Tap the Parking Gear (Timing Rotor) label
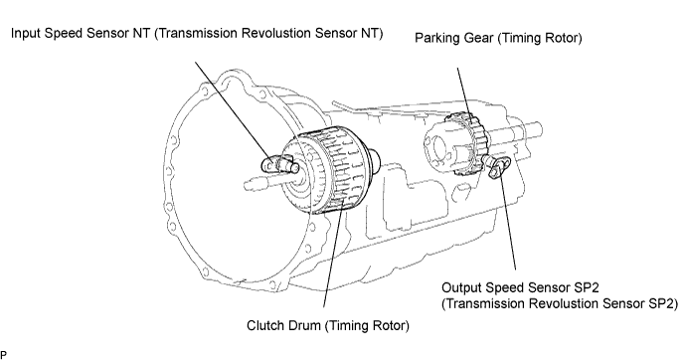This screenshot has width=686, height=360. (498, 38)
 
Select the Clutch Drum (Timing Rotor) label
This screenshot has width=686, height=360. (328, 325)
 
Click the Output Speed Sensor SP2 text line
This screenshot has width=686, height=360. (520, 287)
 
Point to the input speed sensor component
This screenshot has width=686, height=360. (280, 164)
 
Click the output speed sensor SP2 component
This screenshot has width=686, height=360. (498, 167)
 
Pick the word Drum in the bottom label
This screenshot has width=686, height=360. (305, 325)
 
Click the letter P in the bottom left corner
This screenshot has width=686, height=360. (4, 355)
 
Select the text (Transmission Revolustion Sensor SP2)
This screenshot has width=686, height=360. (560, 303)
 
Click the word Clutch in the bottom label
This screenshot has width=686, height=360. (266, 325)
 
